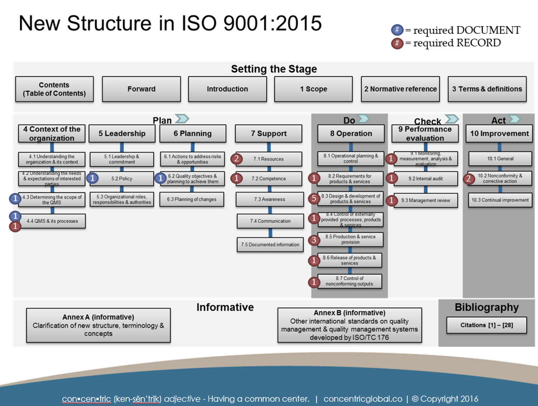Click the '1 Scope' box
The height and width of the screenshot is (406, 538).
[x=313, y=89]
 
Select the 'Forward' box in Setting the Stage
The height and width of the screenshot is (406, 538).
[x=141, y=89]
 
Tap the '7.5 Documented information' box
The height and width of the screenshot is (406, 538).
[x=270, y=245]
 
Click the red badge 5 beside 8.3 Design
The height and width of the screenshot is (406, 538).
[x=314, y=198]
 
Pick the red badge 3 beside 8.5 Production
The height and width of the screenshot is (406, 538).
[x=314, y=240]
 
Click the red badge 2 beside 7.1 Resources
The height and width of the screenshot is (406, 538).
[x=236, y=159]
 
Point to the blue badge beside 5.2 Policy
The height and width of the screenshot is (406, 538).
[x=93, y=178]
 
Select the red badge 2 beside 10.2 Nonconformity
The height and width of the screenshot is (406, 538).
[x=468, y=179]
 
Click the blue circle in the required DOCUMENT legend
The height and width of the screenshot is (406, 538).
[x=397, y=30]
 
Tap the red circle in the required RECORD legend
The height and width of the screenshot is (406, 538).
[x=397, y=43]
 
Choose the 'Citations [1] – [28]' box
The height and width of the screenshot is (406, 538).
[x=486, y=325]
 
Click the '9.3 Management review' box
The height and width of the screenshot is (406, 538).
[x=426, y=200]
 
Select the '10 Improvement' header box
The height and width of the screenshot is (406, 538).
[x=499, y=134]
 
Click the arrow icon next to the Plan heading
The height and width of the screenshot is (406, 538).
[x=182, y=119]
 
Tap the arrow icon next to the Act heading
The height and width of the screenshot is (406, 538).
[x=515, y=119]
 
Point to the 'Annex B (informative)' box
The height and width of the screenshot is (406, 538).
[x=349, y=325]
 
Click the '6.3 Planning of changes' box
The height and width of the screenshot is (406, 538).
[x=192, y=199]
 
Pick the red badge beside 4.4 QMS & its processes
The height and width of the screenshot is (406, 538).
[x=15, y=226]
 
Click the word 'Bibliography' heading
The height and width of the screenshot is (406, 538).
[x=486, y=307]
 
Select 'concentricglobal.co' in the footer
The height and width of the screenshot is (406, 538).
[x=363, y=399]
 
